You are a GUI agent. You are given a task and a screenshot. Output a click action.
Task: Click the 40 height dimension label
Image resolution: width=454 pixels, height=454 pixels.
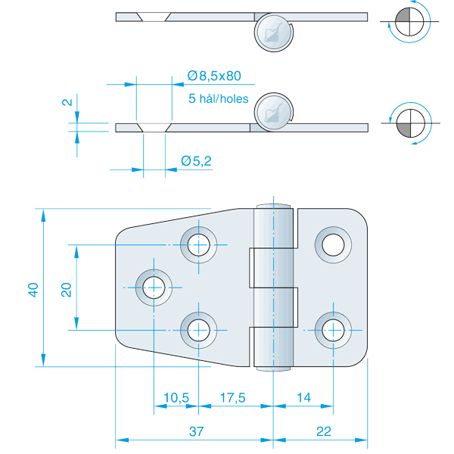pyautogui.click(x=32, y=288)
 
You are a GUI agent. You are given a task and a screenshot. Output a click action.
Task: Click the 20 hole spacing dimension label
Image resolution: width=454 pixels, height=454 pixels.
pyautogui.click(x=66, y=288)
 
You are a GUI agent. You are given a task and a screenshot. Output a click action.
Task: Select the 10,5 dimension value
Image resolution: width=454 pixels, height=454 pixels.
pyautogui.click(x=176, y=396)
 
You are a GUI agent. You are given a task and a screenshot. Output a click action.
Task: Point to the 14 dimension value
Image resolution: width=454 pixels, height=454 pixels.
pyautogui.click(x=303, y=396)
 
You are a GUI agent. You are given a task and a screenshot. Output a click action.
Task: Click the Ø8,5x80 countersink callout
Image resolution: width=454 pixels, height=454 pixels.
pyautogui.click(x=214, y=76)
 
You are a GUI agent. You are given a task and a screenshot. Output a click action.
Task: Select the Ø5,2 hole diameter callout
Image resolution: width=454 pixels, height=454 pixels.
pyautogui.click(x=196, y=160)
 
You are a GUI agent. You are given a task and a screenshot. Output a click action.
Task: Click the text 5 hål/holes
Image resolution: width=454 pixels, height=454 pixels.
pyautogui.click(x=219, y=98)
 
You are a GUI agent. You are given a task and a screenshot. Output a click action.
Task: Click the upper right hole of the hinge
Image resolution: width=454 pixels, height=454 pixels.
pyautogui.click(x=332, y=244)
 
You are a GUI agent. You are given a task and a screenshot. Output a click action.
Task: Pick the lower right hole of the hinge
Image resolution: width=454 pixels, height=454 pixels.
pyautogui.click(x=332, y=330)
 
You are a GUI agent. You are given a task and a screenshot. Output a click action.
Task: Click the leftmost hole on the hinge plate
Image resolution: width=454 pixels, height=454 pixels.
pyautogui.click(x=154, y=287)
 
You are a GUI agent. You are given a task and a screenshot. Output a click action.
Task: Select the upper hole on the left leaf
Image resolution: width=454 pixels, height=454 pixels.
pyautogui.click(x=199, y=244)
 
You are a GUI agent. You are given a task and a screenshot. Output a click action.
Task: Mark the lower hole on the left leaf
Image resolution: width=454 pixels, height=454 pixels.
pyautogui.click(x=199, y=330)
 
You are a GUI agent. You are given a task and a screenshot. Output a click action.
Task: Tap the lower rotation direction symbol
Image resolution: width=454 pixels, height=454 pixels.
pyautogui.click(x=409, y=123)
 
